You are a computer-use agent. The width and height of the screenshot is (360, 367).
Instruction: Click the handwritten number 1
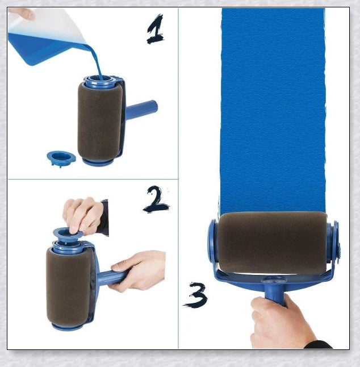click(x=155, y=31)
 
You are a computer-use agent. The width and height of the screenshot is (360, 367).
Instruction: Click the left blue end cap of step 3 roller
click(x=212, y=241)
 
